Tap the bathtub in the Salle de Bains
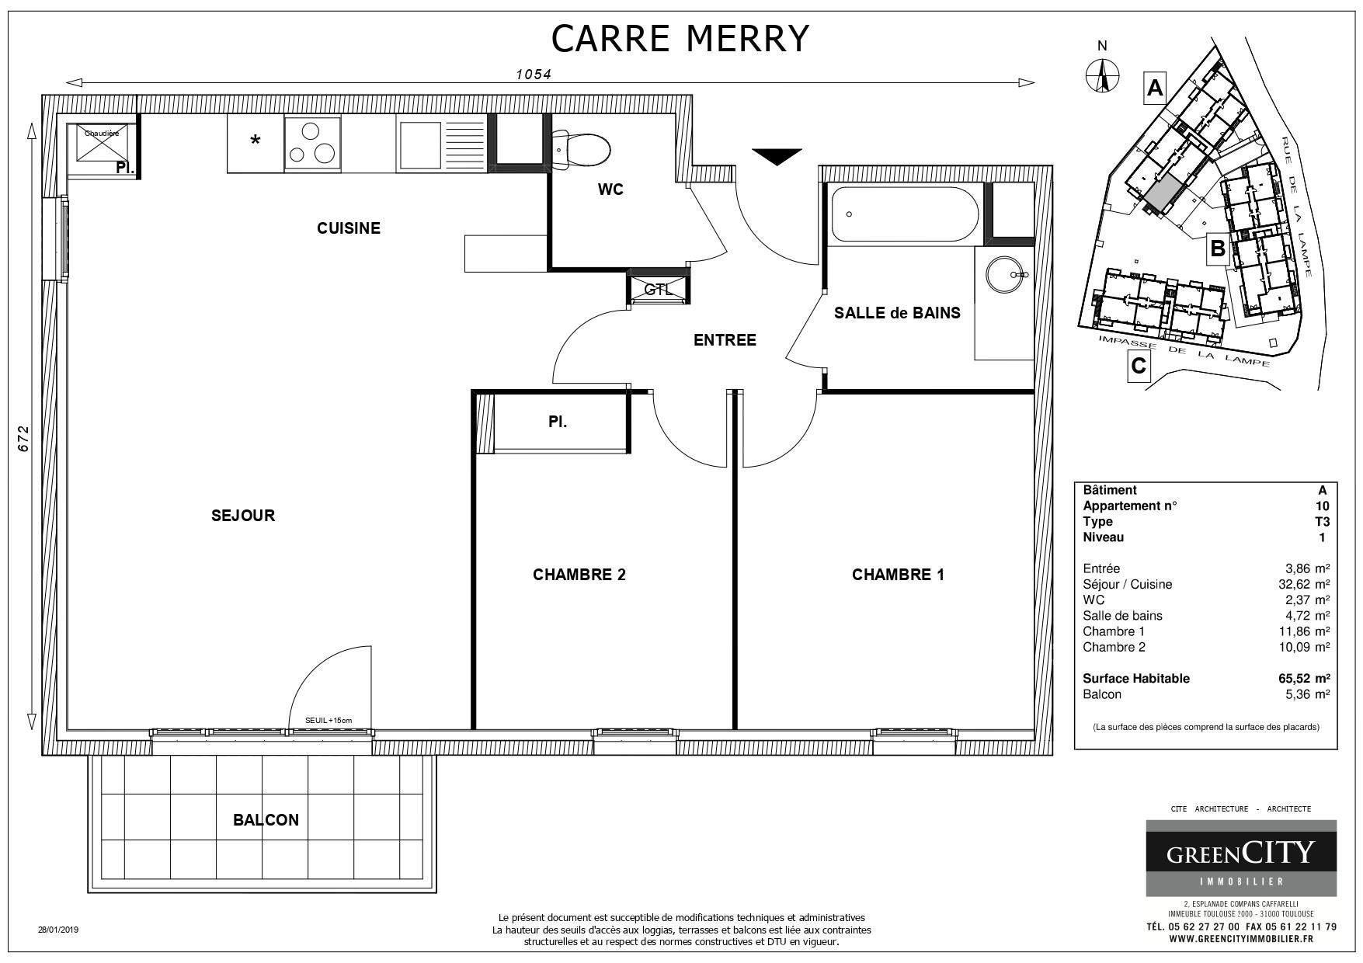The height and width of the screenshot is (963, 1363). coord(905,214)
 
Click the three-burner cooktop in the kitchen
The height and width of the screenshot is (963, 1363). coord(312,144)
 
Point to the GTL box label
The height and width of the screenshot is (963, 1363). coord(659,290)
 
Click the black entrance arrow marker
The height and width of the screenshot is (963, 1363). coord(777,156)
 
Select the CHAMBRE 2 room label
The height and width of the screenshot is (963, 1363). coord(579,575)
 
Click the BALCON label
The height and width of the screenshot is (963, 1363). coord(266,820)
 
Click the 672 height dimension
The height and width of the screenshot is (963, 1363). coord(23,438)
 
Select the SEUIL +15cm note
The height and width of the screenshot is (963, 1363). coord(329,721)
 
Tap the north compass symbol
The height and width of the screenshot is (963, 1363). coord(1102,75)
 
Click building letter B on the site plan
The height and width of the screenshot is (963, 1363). coord(1218,249)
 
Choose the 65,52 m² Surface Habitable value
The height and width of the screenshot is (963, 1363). coord(1304,678)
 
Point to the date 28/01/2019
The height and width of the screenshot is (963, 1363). coord(59,929)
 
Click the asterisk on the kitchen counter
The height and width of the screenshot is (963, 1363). coord(255,141)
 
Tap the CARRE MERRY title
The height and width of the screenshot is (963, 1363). coord(680,38)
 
